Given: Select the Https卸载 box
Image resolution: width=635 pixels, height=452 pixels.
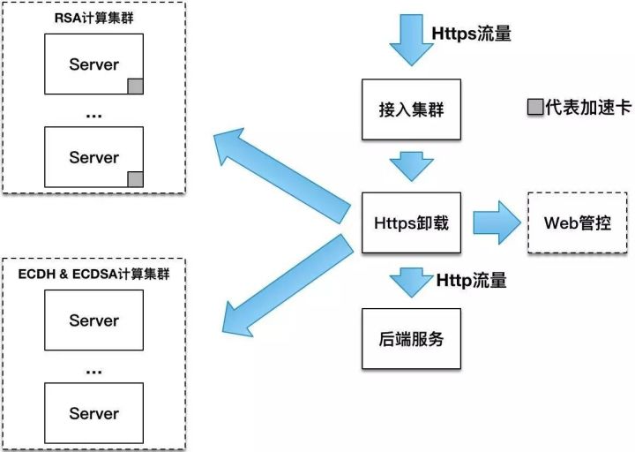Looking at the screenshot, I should click(412, 222).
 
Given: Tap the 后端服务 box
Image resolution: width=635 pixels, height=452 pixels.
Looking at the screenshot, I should click(412, 337).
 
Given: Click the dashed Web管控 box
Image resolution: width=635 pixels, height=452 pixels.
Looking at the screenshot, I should click(577, 222).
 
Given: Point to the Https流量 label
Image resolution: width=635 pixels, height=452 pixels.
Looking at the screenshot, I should click(472, 34).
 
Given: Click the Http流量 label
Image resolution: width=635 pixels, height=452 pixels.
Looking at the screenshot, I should click(472, 281).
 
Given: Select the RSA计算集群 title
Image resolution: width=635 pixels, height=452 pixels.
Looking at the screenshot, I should click(94, 17).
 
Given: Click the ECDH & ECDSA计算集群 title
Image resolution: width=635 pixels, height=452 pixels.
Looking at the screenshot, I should click(94, 275).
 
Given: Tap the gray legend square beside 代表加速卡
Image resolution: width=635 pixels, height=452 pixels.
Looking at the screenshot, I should click(534, 108).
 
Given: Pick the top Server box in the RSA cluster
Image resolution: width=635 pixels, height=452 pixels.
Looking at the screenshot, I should click(94, 65).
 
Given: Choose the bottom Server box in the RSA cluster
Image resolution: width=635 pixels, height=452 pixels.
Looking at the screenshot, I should click(94, 157).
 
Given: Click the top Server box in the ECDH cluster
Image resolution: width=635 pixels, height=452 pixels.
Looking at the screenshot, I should click(94, 320).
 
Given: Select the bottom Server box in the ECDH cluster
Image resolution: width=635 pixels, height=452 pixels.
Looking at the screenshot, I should click(94, 412).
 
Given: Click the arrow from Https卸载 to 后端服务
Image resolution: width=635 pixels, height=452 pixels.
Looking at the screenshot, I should click(410, 282).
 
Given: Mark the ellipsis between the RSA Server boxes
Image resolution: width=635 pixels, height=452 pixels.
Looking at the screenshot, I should click(94, 112).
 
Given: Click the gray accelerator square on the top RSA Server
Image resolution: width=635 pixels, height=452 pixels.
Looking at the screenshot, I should click(135, 86).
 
